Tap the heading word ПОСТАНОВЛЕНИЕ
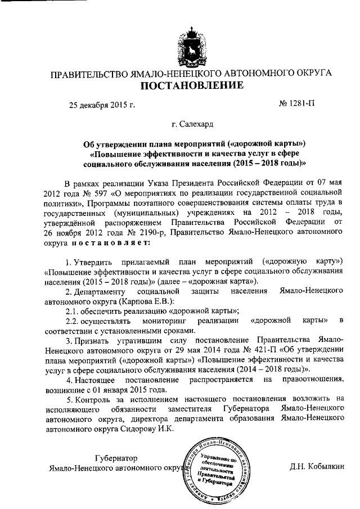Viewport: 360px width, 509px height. coord(192,86)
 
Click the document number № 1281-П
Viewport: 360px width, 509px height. coord(297,105)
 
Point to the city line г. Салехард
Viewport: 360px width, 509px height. coord(192,124)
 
